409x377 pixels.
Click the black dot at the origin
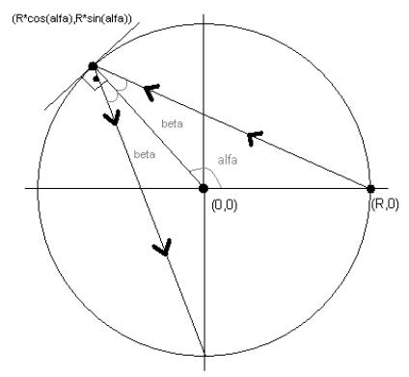204,188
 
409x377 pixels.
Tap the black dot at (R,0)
371,189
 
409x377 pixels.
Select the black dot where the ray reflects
93,67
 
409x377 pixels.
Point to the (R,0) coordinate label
385,204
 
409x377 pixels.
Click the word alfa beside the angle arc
228,160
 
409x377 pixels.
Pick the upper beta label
172,123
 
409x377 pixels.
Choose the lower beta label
145,154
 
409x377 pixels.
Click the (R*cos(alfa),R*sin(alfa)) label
71,18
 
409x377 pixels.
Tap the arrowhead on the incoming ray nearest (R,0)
255,138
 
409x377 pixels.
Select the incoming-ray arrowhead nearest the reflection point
151,92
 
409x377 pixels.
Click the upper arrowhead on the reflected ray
112,118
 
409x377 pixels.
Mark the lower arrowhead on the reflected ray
162,248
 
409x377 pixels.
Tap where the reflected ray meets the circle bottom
204,355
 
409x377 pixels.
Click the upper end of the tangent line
140,22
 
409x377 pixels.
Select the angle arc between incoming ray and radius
123,85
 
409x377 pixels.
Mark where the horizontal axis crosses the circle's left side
38,188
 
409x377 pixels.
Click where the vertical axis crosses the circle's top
204,23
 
